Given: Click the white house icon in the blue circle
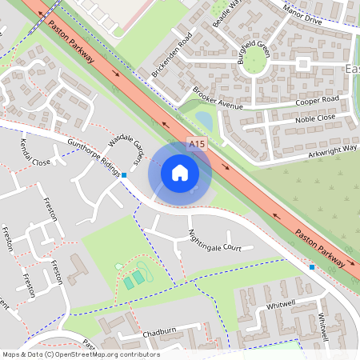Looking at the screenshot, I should click(x=180, y=173).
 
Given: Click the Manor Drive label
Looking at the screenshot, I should click(x=303, y=14).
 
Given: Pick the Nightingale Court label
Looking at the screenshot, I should click(x=214, y=241).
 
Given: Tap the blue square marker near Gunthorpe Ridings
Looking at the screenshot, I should click(x=124, y=174).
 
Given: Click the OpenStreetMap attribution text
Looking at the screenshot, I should click(x=81, y=354).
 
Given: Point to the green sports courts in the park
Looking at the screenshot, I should click(x=134, y=279).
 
